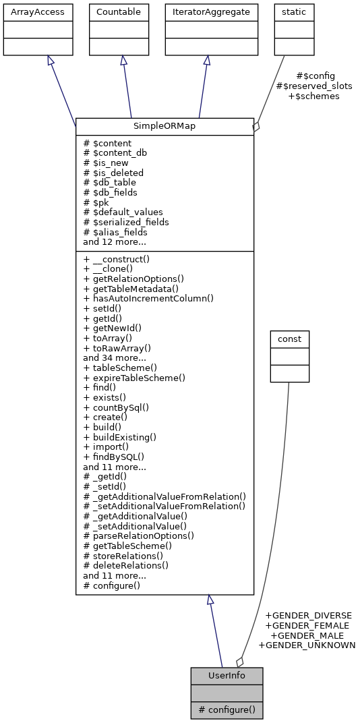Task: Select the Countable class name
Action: [x=119, y=11]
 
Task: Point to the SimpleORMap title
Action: [x=164, y=126]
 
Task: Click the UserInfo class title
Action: [x=227, y=675]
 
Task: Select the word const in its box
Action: [x=289, y=338]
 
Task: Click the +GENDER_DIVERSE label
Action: [x=308, y=615]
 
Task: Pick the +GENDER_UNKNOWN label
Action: [x=307, y=645]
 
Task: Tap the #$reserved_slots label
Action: [x=314, y=86]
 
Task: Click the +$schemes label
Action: [x=313, y=96]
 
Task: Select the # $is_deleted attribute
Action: [x=113, y=173]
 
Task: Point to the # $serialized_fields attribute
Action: [x=126, y=222]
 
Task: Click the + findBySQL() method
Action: [x=114, y=457]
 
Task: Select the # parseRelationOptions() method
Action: [x=138, y=536]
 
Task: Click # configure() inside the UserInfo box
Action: [x=227, y=710]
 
